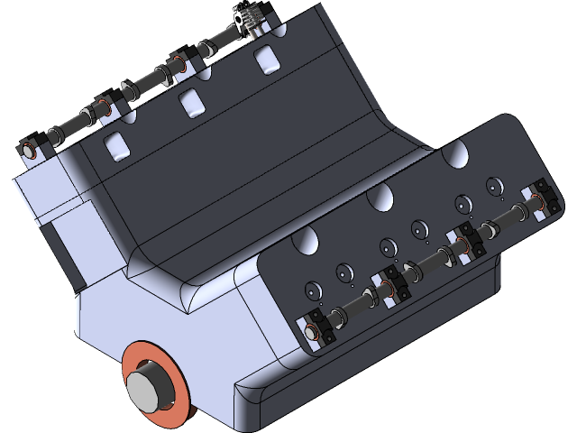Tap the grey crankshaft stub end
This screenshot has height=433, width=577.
pyautogui.click(x=145, y=387)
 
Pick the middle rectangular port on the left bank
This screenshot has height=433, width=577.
pyautogui.click(x=191, y=103)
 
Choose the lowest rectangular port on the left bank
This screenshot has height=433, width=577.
pyautogui.click(x=115, y=145)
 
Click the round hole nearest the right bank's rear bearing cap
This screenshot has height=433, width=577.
pyautogui.click(x=494, y=186)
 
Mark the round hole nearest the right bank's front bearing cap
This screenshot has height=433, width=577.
pyautogui.click(x=313, y=290)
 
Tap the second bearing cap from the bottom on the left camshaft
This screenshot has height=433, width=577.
pyautogui.click(x=106, y=107)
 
